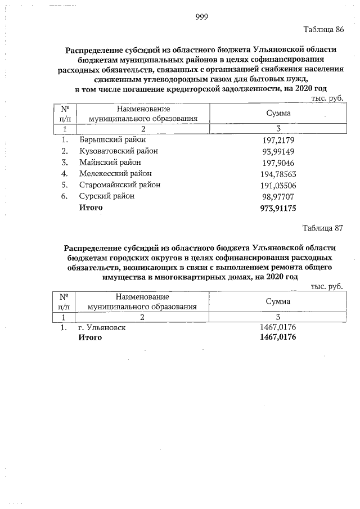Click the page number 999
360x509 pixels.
[202, 17]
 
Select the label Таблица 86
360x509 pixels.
[323, 29]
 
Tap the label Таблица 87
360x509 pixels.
[323, 228]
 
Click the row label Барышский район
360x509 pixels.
[111, 139]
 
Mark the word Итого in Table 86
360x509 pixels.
[90, 208]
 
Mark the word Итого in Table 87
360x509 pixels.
[90, 337]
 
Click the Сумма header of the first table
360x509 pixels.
[278, 114]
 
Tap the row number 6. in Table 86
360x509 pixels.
[65, 196]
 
